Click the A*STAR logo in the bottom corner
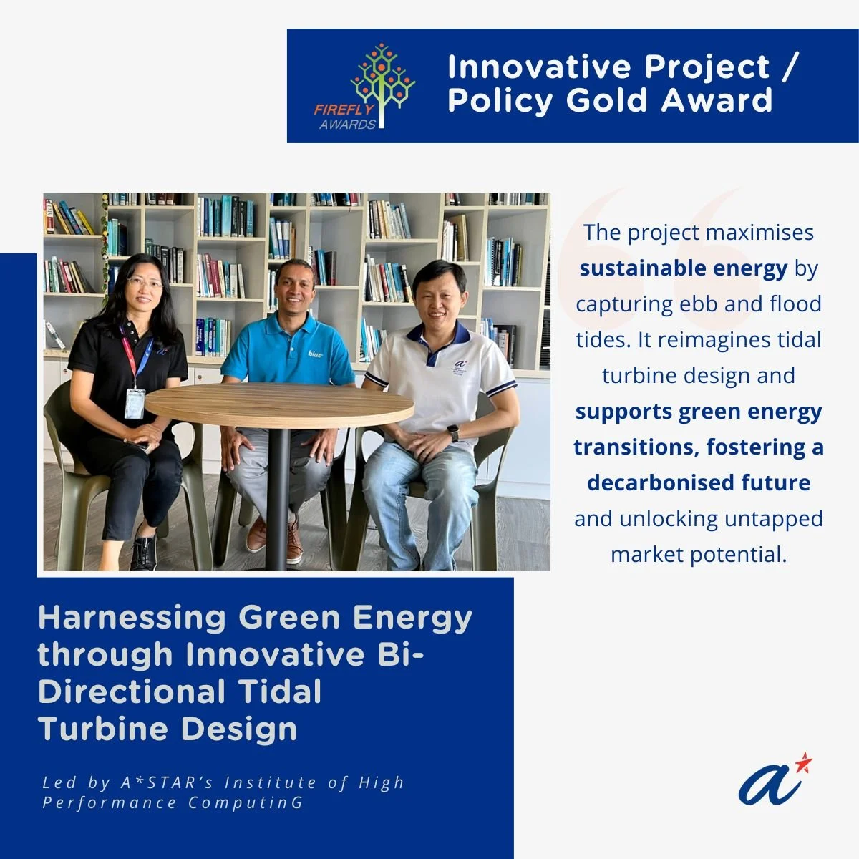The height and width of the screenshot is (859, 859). (775, 779)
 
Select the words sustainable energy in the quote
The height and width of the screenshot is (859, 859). (683, 268)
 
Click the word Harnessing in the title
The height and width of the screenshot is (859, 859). (132, 618)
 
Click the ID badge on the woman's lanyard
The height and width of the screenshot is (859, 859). (135, 403)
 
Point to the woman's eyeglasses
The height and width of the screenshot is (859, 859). (145, 283)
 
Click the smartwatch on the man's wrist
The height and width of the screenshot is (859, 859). (452, 433)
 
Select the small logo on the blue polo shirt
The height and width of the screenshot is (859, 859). (316, 354)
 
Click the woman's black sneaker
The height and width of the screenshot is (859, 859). (144, 552)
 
